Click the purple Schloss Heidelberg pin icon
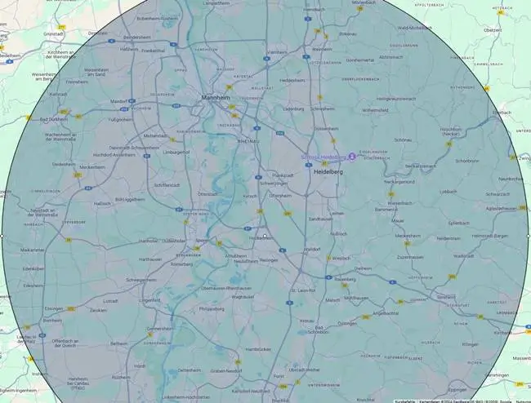351,156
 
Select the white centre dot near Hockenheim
265,236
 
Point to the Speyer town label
202,241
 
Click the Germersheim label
160,328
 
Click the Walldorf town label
311,249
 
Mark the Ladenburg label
292,109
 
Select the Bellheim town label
118,344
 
